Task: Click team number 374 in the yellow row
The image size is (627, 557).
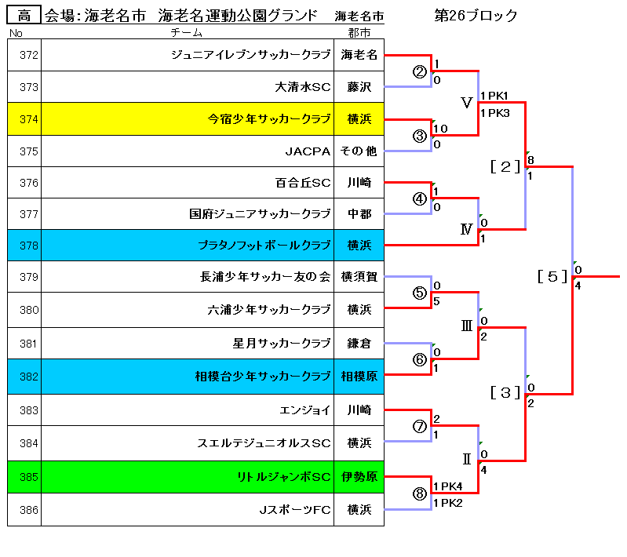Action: [29, 119]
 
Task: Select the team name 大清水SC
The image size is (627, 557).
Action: [303, 87]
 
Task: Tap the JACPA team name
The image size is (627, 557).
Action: [308, 151]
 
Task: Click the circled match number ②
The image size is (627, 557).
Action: [420, 72]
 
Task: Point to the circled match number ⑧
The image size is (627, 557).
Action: [420, 494]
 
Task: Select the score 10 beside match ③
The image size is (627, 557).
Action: [440, 129]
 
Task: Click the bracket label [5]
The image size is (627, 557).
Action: [552, 276]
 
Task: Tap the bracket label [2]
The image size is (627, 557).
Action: [505, 166]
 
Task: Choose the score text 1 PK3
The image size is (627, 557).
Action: [495, 113]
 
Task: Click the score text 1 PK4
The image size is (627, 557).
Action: [448, 486]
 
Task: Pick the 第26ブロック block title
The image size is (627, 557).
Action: [476, 16]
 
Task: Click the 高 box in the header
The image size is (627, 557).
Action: [24, 15]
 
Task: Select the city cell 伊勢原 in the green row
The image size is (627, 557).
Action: [359, 477]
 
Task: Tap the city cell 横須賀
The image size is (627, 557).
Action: [359, 276]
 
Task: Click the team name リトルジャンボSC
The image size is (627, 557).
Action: [284, 477]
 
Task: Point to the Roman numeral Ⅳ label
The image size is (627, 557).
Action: [466, 229]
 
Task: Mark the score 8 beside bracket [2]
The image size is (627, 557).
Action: [530, 160]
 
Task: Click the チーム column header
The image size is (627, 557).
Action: [186, 32]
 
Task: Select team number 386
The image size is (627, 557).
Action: [29, 510]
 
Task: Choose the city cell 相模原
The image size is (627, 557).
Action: [359, 377]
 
